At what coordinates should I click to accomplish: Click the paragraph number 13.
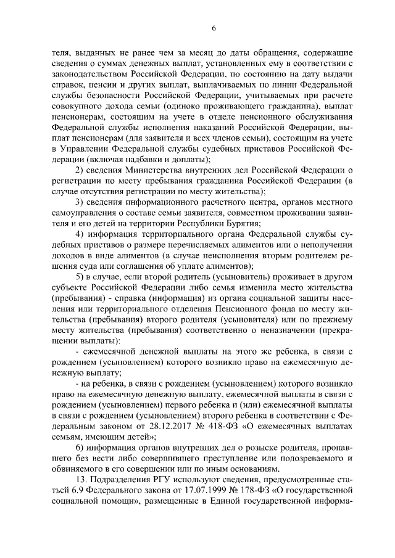(x=80, y=480)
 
